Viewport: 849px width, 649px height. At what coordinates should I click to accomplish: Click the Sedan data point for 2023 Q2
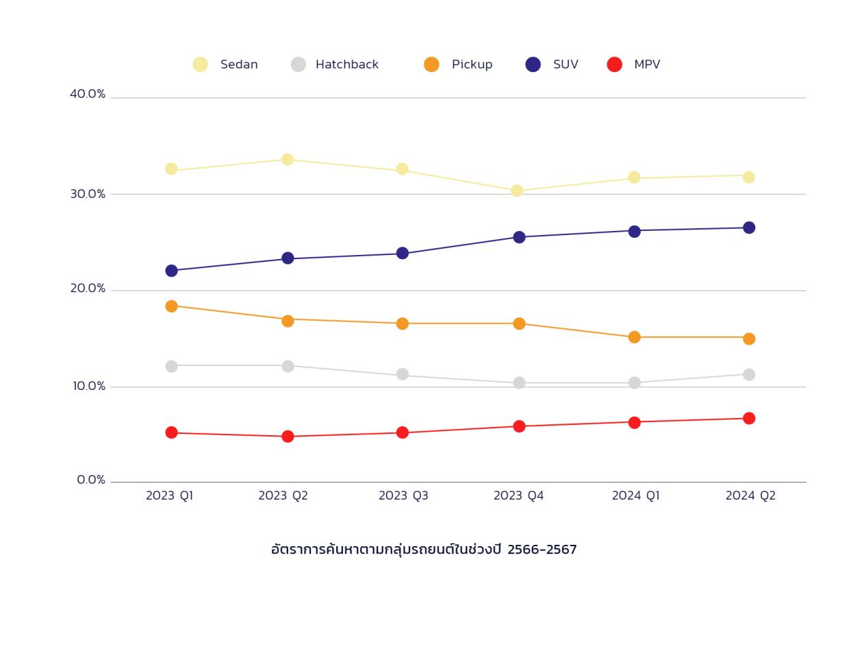point(288,160)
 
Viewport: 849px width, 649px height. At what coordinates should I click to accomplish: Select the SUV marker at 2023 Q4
point(519,237)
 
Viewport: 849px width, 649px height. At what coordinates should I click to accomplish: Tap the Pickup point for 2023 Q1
point(171,306)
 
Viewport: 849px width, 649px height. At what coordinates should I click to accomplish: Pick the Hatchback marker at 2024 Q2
point(749,375)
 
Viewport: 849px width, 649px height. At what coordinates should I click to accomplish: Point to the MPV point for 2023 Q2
point(288,437)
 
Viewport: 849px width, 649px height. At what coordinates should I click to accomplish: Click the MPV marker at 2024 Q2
point(749,419)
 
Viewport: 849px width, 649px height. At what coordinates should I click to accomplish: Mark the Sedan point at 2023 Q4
point(517,191)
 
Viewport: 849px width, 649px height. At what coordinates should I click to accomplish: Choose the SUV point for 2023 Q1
point(171,271)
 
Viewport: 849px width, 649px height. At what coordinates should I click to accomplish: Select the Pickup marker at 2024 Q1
point(634,337)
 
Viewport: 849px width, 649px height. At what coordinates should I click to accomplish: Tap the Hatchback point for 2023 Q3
point(403,374)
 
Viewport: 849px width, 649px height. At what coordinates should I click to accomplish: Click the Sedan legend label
point(239,64)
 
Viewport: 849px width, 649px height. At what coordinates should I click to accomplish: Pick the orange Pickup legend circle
point(431,64)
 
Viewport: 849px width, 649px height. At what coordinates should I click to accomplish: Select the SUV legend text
point(566,64)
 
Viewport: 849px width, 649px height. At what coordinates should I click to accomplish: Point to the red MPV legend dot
point(615,64)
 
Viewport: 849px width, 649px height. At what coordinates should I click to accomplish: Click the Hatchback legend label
point(346,64)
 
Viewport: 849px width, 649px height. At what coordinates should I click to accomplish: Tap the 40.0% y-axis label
point(88,94)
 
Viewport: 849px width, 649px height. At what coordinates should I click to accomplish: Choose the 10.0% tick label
point(89,387)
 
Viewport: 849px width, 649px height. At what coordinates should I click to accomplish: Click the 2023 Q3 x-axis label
point(403,495)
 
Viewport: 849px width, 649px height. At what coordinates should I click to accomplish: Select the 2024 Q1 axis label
point(635,495)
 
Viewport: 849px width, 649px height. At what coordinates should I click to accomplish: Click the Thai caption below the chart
point(424,550)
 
